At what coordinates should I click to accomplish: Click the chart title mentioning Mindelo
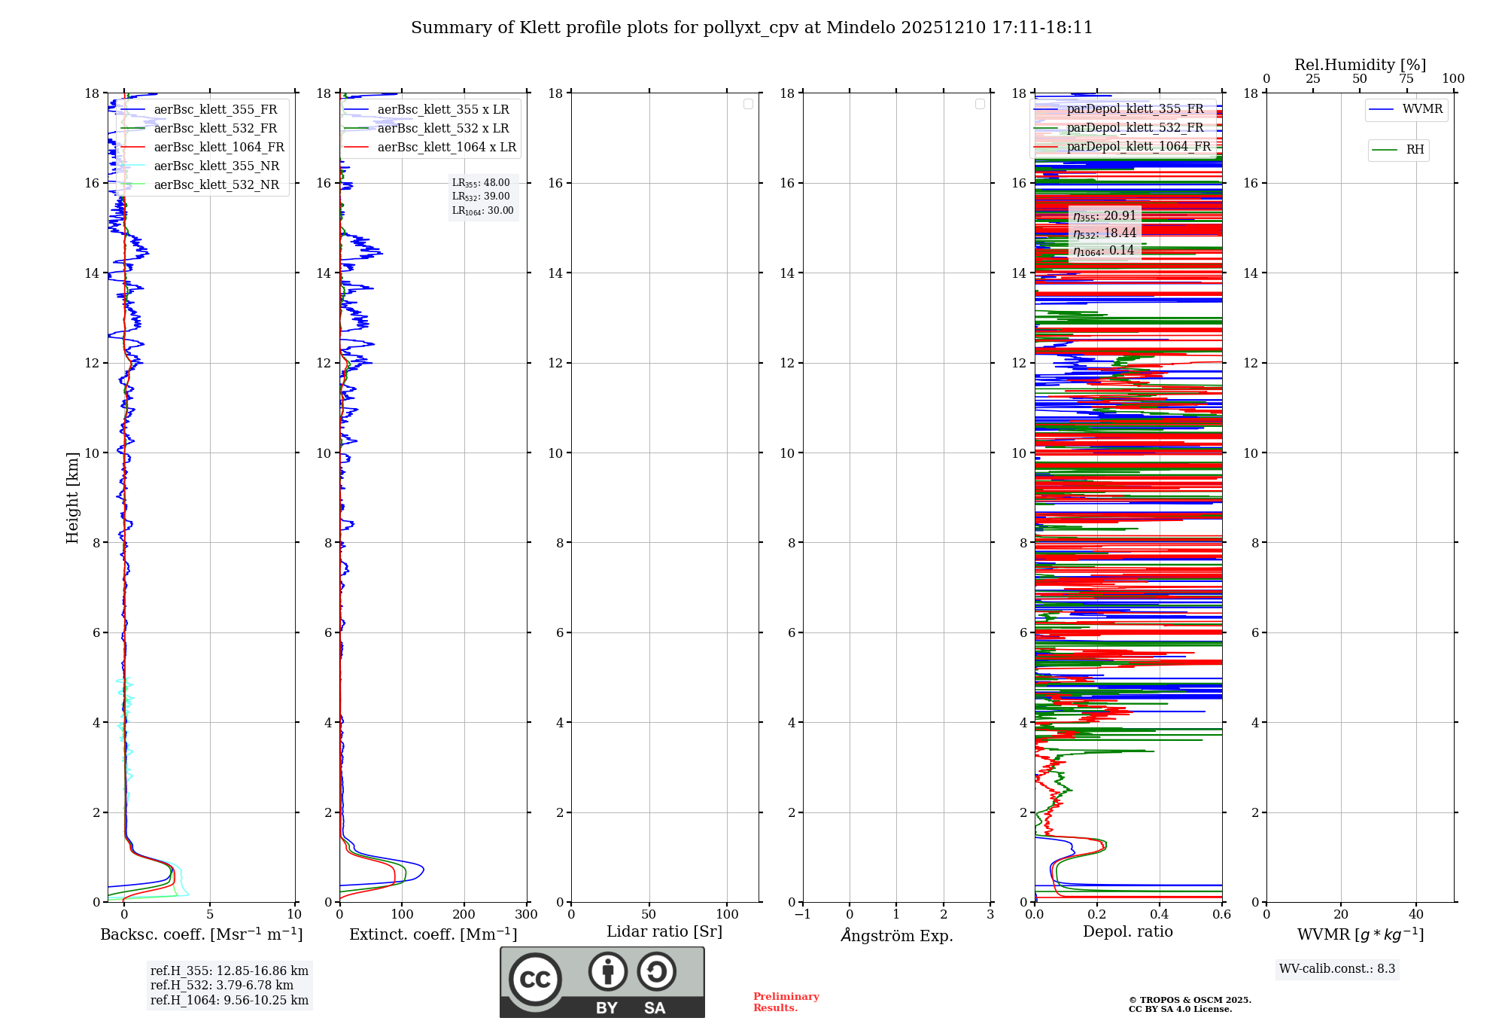pos(751,28)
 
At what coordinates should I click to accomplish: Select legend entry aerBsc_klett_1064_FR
pos(218,148)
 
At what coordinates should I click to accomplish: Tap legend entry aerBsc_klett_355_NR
pos(216,166)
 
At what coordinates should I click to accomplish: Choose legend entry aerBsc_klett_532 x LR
pos(442,129)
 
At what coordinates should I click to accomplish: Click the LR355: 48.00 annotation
pos(481,183)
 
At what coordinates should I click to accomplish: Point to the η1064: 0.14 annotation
pos(1103,251)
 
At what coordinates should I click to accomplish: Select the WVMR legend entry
pos(1421,109)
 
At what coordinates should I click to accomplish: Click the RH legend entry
pos(1414,150)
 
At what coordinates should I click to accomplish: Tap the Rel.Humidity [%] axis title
pos(1360,65)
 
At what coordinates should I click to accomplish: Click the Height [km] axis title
pos(72,498)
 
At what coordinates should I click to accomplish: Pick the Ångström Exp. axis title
pos(896,936)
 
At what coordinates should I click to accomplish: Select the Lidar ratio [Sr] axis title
pos(664,932)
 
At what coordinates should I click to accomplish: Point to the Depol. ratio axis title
pos(1127,932)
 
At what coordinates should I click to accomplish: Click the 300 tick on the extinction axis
pos(526,915)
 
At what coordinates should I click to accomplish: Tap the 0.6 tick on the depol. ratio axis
pos(1221,915)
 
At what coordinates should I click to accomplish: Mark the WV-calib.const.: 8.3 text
pos(1336,969)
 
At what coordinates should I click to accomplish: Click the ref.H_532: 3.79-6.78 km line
pos(222,986)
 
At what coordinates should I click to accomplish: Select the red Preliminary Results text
pos(786,1002)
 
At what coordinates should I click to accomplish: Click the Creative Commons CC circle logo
pos(535,980)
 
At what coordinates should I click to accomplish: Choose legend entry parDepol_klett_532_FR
pos(1135,128)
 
